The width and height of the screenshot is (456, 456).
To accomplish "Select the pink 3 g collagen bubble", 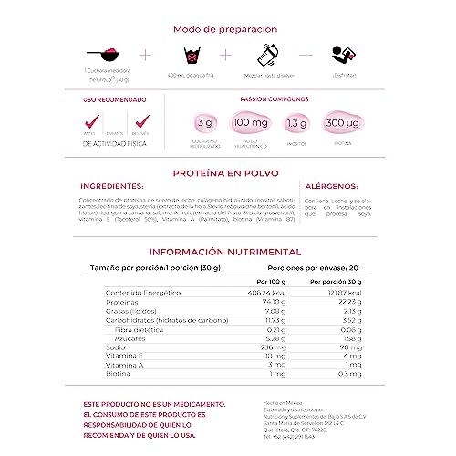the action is [x=203, y=123].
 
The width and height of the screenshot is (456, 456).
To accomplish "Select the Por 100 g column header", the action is [x=274, y=281].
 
